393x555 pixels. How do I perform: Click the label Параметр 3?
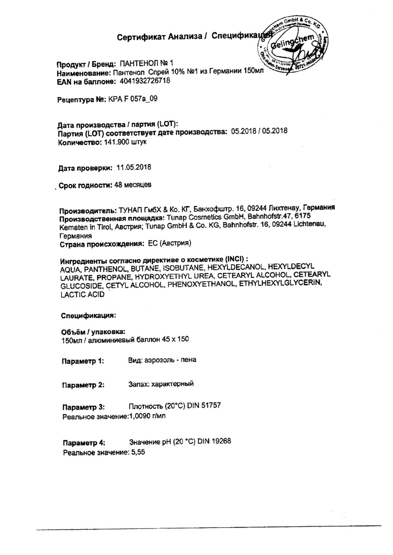(x=83, y=407)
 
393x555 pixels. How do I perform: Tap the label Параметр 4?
(x=83, y=442)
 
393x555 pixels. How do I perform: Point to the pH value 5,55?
(x=138, y=453)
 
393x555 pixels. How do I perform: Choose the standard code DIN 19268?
(x=214, y=441)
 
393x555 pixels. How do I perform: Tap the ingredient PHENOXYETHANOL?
(x=201, y=286)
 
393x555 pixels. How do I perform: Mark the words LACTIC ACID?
(x=82, y=295)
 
